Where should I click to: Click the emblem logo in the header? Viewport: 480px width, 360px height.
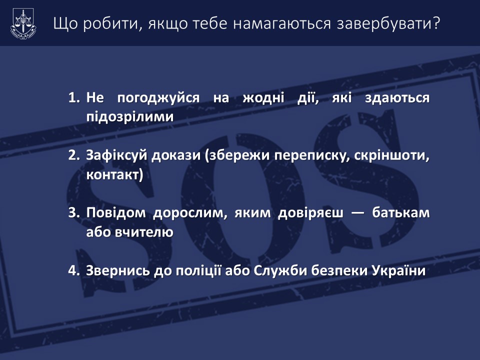(x=23, y=23)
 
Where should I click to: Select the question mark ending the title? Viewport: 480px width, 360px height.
(x=436, y=23)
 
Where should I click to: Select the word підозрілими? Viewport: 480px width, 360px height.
(x=130, y=117)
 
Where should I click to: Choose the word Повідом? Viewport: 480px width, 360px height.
(x=115, y=213)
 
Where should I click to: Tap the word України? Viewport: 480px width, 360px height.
(x=399, y=270)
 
